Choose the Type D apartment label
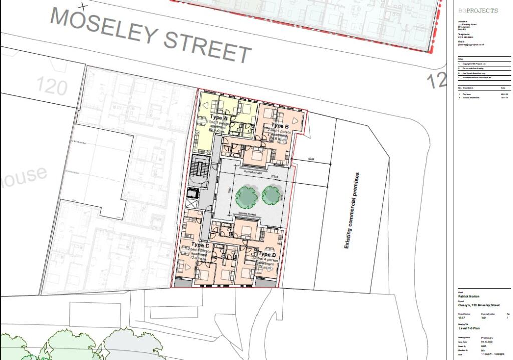(267, 255)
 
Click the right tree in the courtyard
(271, 194)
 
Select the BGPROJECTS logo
(478, 11)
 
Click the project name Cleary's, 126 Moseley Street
(479, 305)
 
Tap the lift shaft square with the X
(192, 204)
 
